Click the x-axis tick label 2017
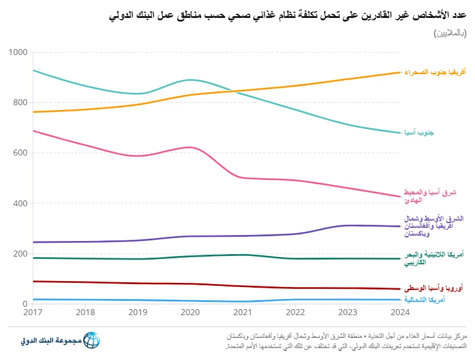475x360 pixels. point(33,313)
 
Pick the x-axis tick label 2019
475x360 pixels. point(138,313)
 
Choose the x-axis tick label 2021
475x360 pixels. point(243,313)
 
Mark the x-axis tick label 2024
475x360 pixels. point(400,313)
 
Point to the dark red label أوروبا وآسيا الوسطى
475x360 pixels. point(434,288)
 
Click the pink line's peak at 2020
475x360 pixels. point(190,147)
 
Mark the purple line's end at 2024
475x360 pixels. point(400,226)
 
